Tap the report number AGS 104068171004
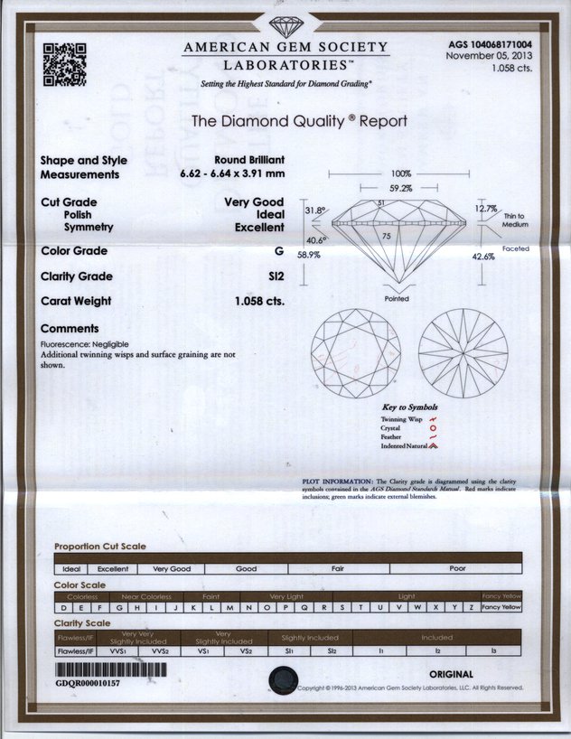point(490,43)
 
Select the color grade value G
point(279,250)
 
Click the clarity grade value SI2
point(276,276)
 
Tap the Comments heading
point(70,329)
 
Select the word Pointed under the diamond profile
point(397,298)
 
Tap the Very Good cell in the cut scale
point(172,569)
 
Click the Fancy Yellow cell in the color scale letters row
point(501,607)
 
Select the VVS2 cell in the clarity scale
point(161,650)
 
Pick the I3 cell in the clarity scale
point(492,650)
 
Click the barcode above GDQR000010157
point(111,671)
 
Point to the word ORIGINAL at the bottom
point(451,674)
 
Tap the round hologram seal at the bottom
point(285,678)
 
